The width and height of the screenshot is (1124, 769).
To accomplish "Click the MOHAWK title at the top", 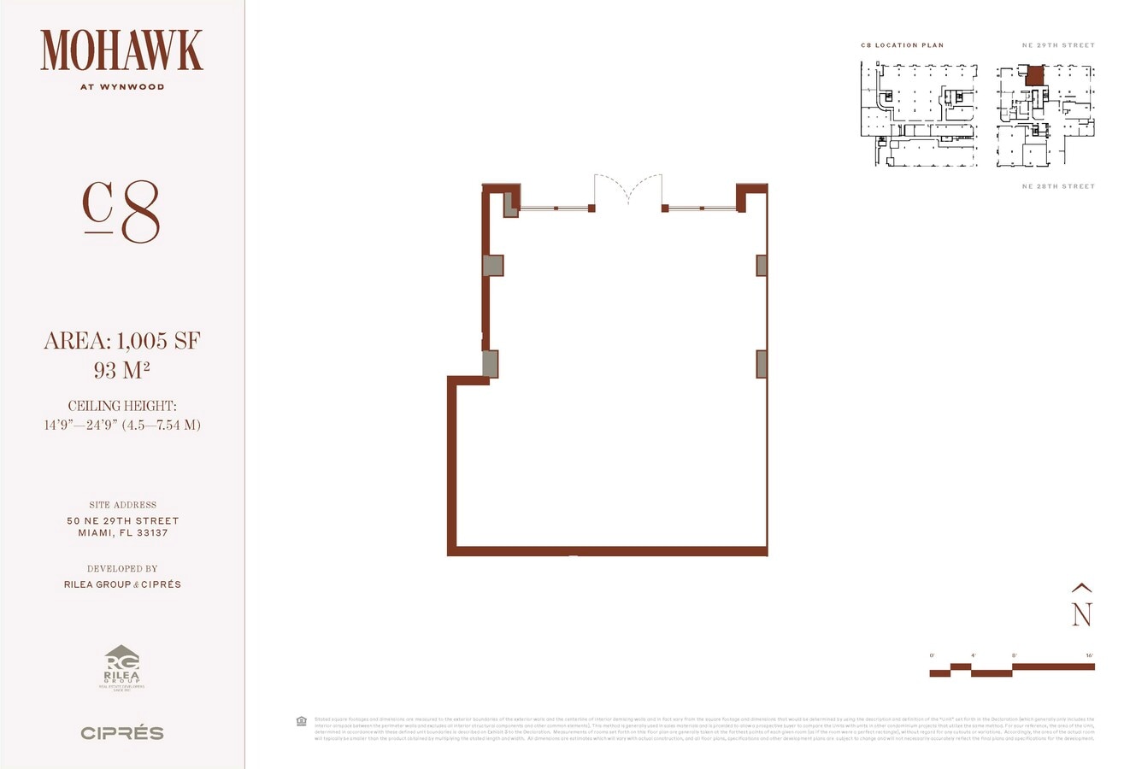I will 121,50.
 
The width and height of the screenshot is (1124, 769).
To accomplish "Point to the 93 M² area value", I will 121,371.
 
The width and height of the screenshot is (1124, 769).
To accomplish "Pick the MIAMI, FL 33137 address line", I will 122,533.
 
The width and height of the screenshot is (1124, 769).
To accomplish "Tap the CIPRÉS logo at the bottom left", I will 121,733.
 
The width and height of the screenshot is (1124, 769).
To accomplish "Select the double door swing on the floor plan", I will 628,190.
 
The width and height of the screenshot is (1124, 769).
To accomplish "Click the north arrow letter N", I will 1082,614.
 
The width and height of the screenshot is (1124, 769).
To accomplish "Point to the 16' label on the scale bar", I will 1089,655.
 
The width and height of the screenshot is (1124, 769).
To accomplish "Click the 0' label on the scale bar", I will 932,655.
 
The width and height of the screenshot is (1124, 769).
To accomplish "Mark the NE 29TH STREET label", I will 1057,45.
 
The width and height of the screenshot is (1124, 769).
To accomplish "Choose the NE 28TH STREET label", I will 1057,186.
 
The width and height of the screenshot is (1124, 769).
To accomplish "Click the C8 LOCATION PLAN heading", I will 902,45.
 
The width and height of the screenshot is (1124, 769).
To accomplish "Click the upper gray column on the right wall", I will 761,265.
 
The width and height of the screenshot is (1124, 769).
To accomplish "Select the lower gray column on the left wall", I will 491,364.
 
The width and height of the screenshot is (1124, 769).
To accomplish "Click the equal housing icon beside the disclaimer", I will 301,720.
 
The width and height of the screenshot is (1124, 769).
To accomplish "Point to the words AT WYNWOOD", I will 121,86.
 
